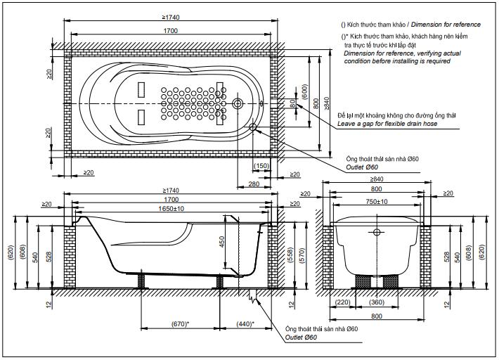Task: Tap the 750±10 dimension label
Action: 377,202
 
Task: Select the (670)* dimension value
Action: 181,323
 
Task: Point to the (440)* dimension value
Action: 245,323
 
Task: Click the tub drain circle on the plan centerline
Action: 237,104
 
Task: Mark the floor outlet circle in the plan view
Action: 254,127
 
